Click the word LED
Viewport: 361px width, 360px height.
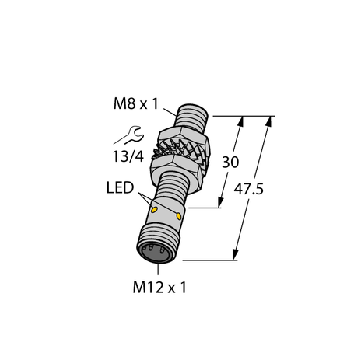coord(117,190)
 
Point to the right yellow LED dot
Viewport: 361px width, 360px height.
coord(180,215)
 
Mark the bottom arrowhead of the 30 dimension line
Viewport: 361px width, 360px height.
coord(222,204)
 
